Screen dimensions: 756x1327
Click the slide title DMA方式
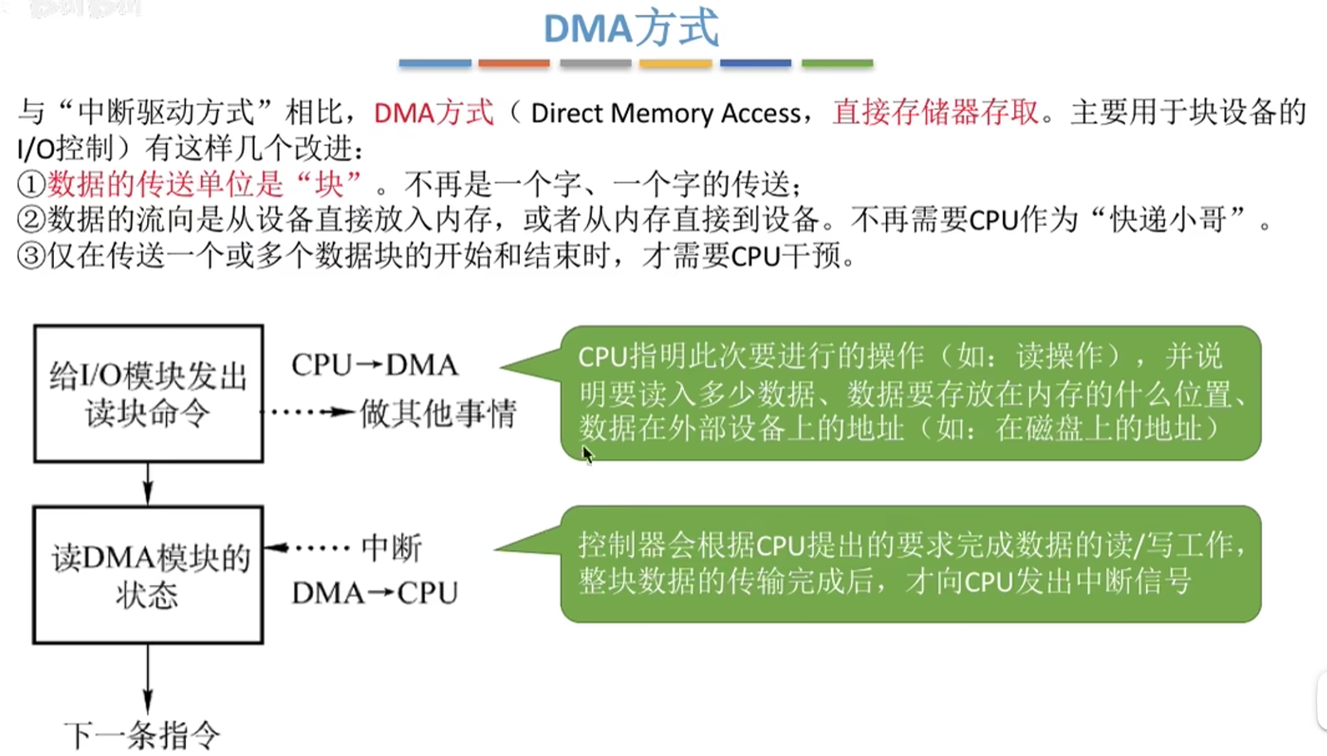click(630, 29)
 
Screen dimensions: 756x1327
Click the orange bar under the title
click(513, 63)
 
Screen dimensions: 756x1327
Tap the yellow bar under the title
click(675, 63)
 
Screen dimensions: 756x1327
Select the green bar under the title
click(837, 63)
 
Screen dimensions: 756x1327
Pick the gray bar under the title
click(595, 63)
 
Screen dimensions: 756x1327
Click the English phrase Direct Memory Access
click(666, 113)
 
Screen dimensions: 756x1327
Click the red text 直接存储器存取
click(936, 112)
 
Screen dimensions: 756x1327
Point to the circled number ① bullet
click(31, 184)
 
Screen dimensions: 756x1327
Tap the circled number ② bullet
click(31, 220)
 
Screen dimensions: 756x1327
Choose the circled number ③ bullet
click(31, 256)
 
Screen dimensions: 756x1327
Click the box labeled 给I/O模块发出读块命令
click(149, 394)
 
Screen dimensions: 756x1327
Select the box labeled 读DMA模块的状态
click(149, 575)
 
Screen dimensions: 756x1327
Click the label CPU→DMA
click(375, 366)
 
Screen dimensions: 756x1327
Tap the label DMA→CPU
click(375, 593)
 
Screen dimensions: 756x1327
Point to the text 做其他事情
click(438, 413)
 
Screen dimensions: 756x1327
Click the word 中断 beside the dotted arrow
click(391, 548)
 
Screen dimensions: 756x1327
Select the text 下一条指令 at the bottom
click(142, 735)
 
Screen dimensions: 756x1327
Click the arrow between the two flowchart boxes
click(148, 484)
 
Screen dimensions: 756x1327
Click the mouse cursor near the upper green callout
click(587, 454)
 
